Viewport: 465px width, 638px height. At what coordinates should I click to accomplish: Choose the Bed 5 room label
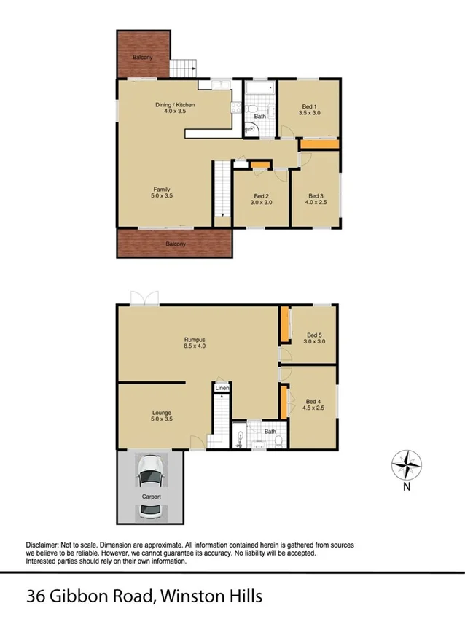[x=313, y=338]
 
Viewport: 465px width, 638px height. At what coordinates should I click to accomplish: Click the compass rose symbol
[x=407, y=464]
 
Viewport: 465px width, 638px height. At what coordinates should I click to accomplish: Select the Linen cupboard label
[x=222, y=388]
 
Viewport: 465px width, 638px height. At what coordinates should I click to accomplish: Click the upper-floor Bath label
[x=260, y=116]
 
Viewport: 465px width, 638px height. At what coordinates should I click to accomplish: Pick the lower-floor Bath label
[x=270, y=432]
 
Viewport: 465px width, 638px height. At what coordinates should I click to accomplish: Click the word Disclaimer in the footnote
[x=45, y=545]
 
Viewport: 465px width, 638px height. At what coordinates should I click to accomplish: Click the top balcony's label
[x=143, y=58]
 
